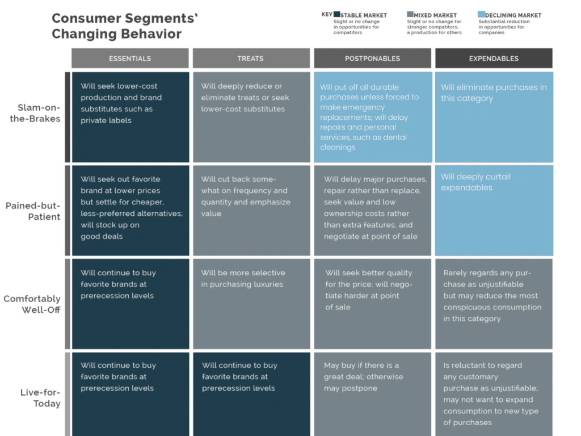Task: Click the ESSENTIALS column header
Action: [x=130, y=58]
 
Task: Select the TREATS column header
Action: [x=250, y=58]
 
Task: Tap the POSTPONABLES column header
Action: [x=372, y=58]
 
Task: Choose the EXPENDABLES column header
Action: [x=494, y=58]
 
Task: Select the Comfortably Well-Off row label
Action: [x=32, y=304]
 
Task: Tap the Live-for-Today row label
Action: [x=40, y=398]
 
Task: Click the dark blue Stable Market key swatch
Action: [x=337, y=15]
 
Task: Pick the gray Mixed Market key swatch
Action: [x=410, y=15]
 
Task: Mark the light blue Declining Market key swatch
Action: [x=482, y=15]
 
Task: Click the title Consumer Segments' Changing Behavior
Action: [x=125, y=26]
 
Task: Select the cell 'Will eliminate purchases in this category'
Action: [x=494, y=117]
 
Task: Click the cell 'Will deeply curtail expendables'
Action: [x=494, y=210]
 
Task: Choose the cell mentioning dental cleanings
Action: [x=373, y=117]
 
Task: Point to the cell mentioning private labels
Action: [x=130, y=117]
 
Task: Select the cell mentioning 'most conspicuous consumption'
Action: [x=494, y=304]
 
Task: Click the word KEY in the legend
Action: [x=327, y=15]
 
